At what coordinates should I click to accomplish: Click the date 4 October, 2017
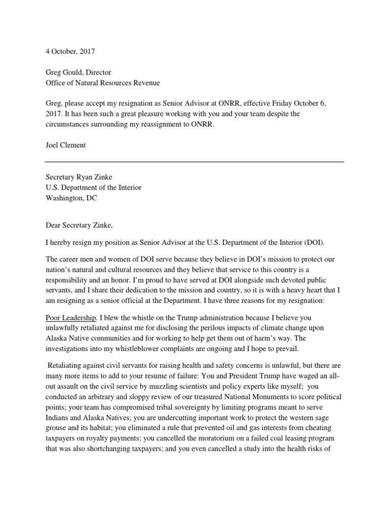(69, 51)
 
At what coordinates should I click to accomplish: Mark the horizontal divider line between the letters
(194, 162)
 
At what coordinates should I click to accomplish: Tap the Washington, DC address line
(71, 198)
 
